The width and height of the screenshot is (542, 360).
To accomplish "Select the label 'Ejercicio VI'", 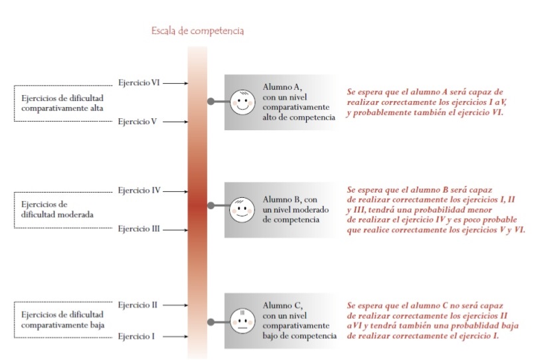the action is click(x=138, y=83).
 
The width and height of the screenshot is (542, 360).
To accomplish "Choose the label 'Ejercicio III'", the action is click(x=139, y=229).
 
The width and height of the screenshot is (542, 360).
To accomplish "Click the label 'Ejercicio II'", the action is click(x=137, y=305).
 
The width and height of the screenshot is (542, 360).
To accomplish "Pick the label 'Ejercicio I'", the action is click(x=136, y=336).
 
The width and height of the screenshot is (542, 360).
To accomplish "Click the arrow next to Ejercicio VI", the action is click(x=175, y=83).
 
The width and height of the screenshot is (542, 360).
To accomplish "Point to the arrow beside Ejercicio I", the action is click(x=175, y=337).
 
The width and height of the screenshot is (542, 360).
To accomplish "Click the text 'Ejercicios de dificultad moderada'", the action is click(x=56, y=210).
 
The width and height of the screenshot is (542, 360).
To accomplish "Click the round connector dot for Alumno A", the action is click(x=211, y=102).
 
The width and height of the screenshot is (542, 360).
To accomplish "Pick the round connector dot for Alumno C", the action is click(x=211, y=321).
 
